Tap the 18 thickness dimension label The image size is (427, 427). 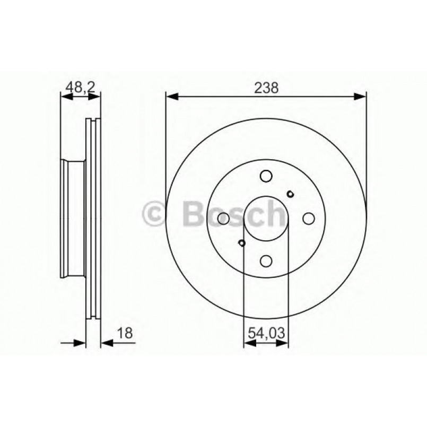(124, 333)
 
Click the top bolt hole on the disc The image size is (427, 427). (266, 176)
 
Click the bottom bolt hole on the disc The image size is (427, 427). (266, 260)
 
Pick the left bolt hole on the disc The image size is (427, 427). (224, 218)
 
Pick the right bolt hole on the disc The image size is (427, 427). (308, 218)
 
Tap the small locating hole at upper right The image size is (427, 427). (290, 194)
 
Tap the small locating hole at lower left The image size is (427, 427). (242, 243)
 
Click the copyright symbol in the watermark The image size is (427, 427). (155, 214)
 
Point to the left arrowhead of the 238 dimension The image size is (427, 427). (170, 96)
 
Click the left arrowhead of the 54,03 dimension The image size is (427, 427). (248, 343)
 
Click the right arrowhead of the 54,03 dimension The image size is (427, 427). (285, 343)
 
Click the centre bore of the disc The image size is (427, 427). (266, 218)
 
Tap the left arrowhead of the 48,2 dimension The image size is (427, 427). (65, 96)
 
